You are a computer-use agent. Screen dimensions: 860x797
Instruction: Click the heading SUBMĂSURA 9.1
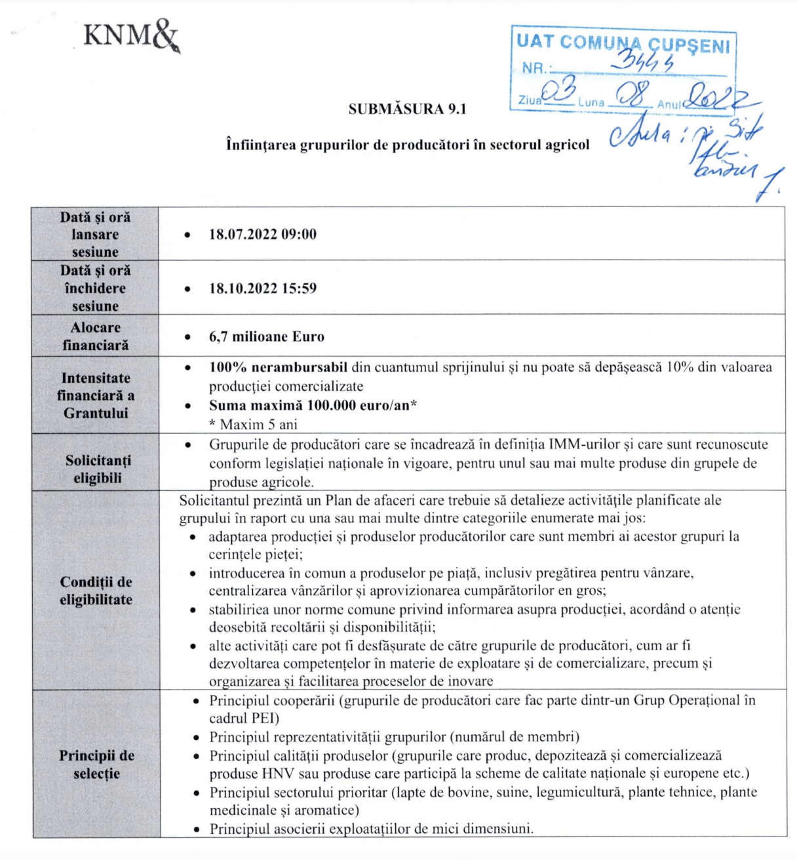click(407, 109)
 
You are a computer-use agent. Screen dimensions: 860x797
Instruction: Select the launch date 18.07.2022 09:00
click(262, 234)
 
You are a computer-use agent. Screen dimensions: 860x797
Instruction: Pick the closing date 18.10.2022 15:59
click(262, 288)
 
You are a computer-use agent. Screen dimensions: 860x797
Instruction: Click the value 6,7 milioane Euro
click(266, 336)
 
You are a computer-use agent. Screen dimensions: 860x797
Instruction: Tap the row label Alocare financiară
click(96, 336)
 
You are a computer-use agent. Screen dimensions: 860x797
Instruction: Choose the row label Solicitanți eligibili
click(98, 469)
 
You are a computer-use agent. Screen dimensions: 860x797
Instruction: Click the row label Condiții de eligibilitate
click(96, 591)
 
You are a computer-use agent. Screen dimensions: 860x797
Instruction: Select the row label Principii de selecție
click(96, 764)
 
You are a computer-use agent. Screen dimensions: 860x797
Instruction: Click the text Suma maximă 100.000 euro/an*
click(313, 405)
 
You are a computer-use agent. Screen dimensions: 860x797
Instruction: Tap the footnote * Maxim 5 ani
click(253, 424)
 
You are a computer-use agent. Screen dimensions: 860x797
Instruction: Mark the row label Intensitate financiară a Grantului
click(96, 395)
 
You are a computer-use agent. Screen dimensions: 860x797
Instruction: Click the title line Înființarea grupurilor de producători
click(407, 144)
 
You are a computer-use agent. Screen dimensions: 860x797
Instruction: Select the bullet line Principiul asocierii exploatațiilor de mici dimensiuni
click(371, 829)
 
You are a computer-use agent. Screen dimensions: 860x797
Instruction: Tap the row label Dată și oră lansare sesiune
click(96, 234)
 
